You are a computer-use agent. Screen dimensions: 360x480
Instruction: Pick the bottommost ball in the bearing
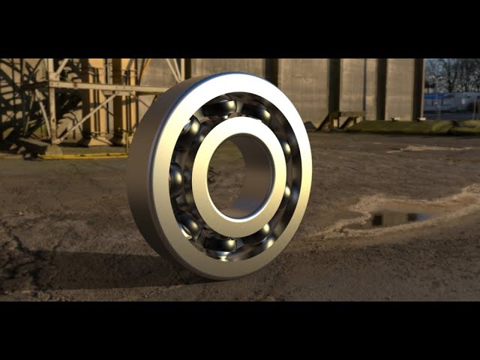[224, 244]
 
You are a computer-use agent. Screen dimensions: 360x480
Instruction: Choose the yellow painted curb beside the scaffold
[82, 156]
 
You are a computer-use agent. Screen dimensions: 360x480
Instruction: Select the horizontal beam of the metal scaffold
[105, 88]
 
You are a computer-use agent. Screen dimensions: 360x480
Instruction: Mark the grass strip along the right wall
[420, 127]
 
